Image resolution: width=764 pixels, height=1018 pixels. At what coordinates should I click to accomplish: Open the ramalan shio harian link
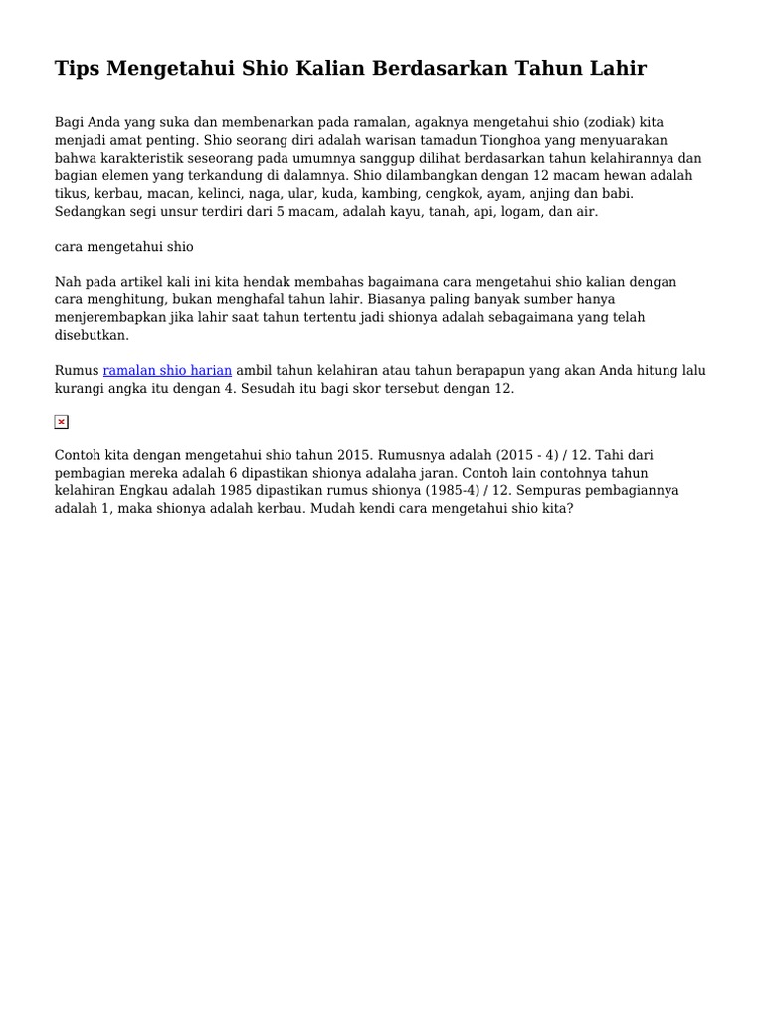pos(167,371)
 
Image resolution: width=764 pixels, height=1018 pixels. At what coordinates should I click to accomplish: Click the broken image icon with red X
pos(61,422)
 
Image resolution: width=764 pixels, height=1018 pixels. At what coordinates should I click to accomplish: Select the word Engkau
pos(151,490)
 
